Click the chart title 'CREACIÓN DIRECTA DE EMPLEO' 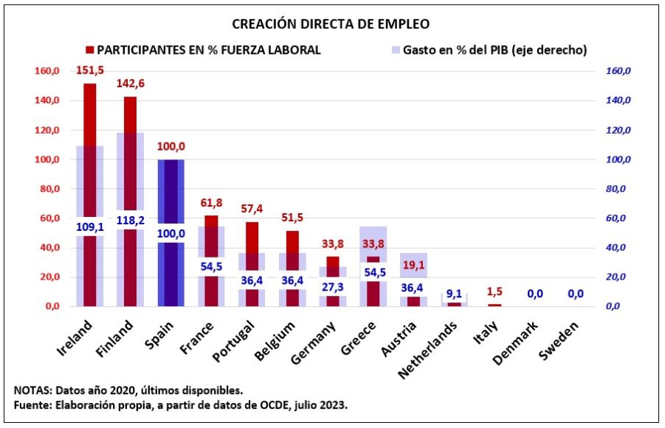tap(331, 24)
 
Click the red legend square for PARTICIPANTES tap(90, 50)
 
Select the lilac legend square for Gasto tap(396, 50)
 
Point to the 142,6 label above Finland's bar tap(130, 83)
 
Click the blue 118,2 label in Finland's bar tap(130, 220)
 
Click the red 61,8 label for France tap(211, 202)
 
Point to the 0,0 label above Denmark tap(534, 294)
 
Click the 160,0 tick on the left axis tap(46, 72)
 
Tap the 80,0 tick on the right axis tap(619, 189)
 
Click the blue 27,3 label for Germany tap(332, 286)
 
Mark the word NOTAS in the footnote tap(32, 390)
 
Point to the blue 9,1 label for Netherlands tap(454, 293)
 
